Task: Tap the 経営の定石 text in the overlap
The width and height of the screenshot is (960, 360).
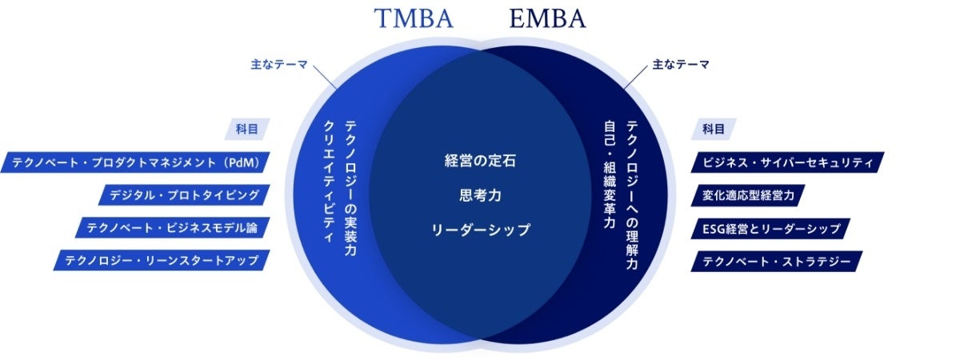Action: [480, 160]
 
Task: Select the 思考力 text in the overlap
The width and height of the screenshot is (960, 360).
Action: [480, 195]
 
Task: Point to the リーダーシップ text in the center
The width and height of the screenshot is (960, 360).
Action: [480, 230]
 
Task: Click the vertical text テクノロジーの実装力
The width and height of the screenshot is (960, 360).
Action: [350, 188]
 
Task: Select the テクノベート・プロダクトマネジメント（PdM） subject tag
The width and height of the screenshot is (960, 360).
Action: [135, 162]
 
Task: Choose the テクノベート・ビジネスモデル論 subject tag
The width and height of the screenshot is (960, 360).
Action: [171, 227]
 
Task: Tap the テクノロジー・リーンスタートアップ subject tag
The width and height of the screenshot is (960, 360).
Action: [161, 260]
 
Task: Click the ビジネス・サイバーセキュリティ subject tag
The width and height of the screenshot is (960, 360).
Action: [787, 162]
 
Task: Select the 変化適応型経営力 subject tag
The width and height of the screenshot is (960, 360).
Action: [747, 195]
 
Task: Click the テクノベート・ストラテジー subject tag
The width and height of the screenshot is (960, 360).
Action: [776, 261]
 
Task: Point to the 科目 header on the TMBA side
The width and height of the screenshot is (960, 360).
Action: [246, 128]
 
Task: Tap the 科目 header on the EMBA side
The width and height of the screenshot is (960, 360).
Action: [713, 128]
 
